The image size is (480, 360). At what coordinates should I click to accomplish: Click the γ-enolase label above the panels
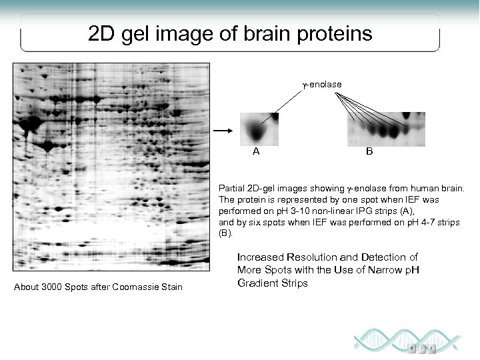point(322,85)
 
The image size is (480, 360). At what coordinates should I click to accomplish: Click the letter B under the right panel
point(370,151)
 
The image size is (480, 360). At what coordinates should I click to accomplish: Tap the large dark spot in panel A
point(253,130)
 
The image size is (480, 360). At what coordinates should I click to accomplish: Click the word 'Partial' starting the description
point(231,189)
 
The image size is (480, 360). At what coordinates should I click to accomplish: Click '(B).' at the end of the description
point(225,233)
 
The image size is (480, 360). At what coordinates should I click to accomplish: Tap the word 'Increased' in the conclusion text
point(259,257)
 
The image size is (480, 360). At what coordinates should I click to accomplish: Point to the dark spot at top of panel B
point(407,117)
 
